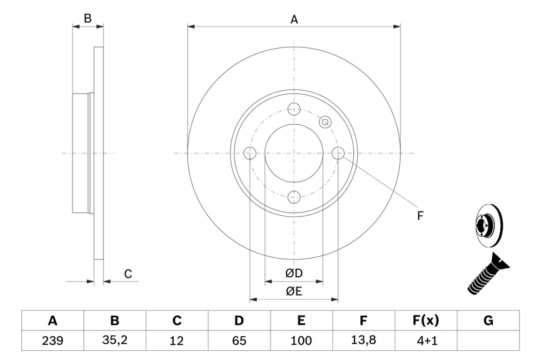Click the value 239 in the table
[52, 341]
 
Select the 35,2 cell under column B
[115, 341]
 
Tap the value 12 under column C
[177, 341]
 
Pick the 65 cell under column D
[239, 341]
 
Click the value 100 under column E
[301, 341]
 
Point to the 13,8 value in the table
[364, 341]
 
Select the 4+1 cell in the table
[426, 341]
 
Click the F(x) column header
[426, 321]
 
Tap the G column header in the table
[489, 321]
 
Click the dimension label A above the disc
[294, 19]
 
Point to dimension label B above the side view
[88, 18]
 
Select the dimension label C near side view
[128, 275]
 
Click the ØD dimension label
[294, 274]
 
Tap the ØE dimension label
[294, 292]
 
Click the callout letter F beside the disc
[420, 216]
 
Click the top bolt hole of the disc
[294, 109]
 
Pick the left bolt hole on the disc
[249, 154]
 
